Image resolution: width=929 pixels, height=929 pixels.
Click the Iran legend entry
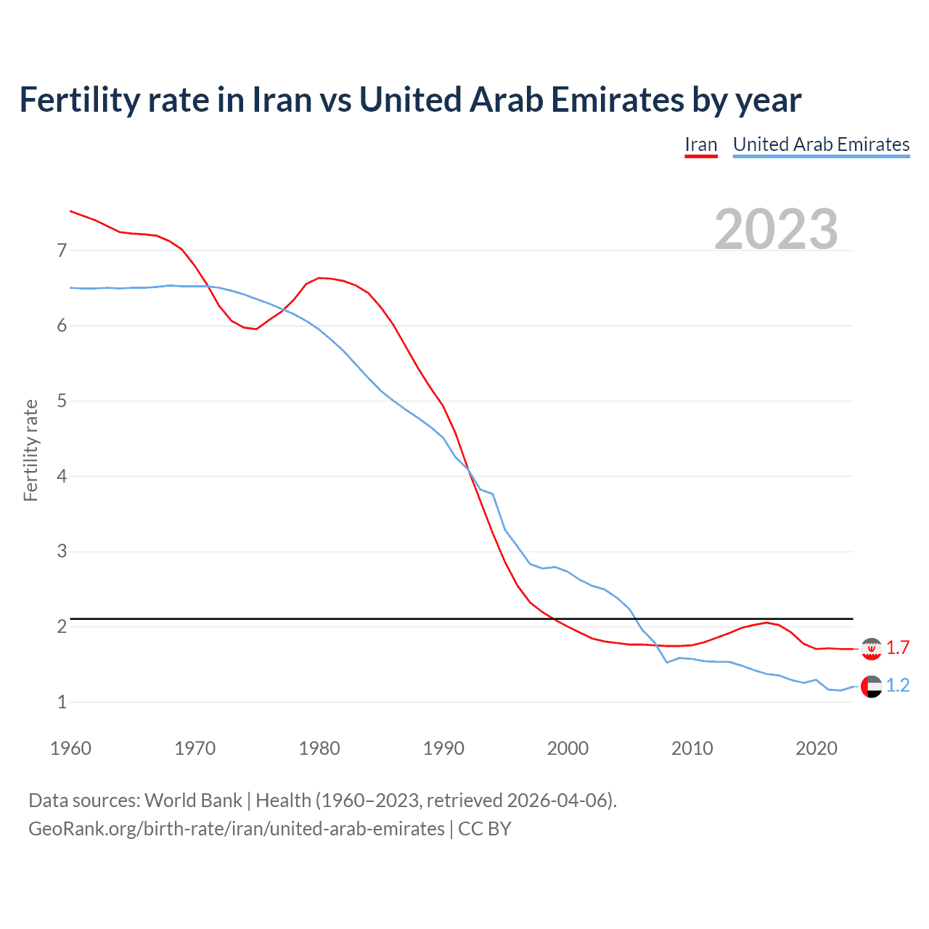tap(700, 144)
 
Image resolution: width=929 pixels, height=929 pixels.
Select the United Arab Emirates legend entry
tap(821, 144)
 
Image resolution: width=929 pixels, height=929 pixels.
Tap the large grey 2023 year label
tap(776, 229)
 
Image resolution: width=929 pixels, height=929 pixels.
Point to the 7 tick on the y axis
tap(62, 251)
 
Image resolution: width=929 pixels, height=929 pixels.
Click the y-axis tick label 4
tap(62, 477)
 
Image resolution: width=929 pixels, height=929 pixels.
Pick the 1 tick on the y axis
tap(62, 703)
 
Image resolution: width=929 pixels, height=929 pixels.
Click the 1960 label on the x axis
tap(70, 748)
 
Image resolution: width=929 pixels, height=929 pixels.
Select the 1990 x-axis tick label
tap(443, 748)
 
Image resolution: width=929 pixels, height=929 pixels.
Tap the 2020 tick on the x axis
tap(817, 748)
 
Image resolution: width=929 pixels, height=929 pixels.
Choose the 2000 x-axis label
tap(568, 748)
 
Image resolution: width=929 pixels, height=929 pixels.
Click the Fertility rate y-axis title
tap(30, 450)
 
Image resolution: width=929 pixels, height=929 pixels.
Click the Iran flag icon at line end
tap(871, 648)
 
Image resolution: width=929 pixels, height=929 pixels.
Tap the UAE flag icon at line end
tap(871, 686)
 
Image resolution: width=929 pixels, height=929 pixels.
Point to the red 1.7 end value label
tap(898, 647)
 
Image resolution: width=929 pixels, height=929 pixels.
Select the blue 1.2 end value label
tap(898, 685)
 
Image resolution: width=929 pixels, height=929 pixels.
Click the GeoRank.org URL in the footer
tap(236, 829)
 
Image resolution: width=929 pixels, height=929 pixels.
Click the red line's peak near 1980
tap(319, 278)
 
